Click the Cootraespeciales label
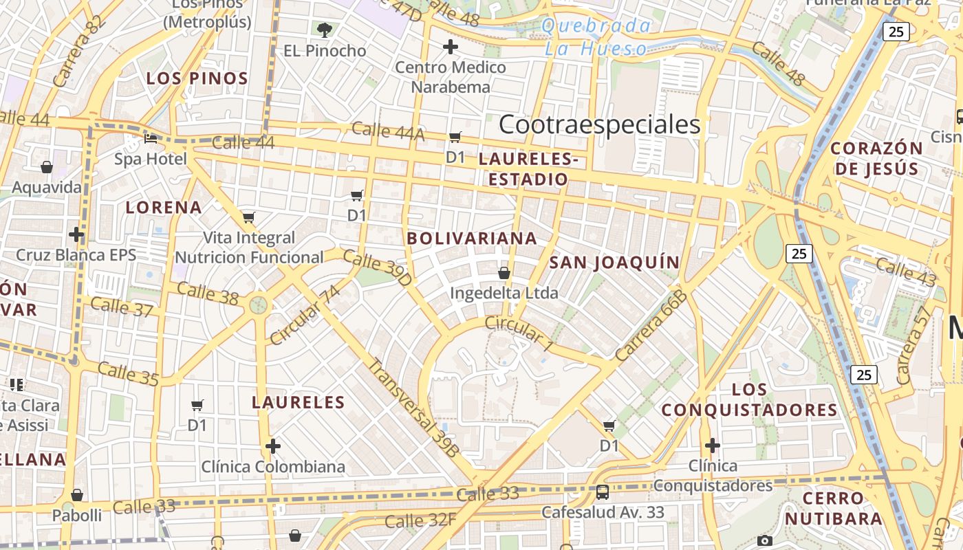[x=599, y=124]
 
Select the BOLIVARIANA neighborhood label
[x=472, y=239]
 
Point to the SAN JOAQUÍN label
[x=614, y=262]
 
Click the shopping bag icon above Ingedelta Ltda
[x=504, y=273]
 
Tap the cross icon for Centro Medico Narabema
[x=451, y=47]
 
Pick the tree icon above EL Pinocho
[x=325, y=30]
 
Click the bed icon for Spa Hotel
[x=151, y=138]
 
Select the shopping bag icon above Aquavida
[x=47, y=167]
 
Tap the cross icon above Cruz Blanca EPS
[x=76, y=234]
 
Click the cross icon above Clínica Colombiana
[x=273, y=446]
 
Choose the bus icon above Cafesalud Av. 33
[x=603, y=492]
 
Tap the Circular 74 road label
[x=305, y=316]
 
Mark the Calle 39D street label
[x=376, y=268]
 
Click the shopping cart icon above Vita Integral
[x=249, y=218]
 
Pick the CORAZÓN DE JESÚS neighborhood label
[x=876, y=158]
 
